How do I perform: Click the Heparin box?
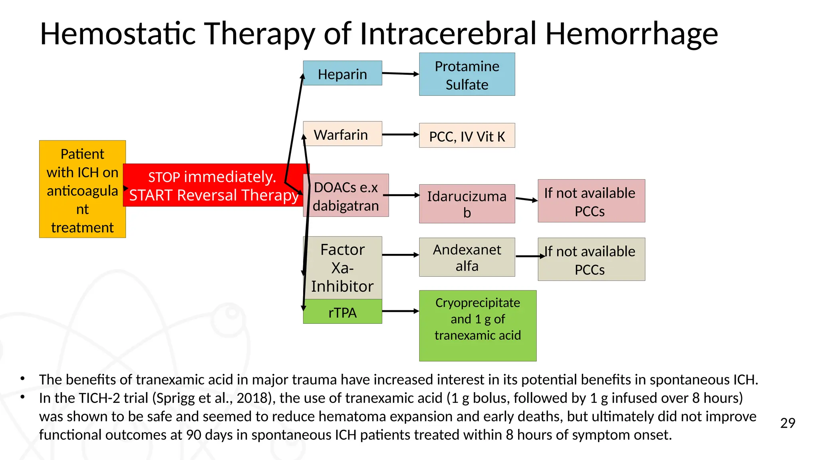(342, 73)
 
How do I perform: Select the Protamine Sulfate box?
(467, 75)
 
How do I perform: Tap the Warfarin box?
(342, 134)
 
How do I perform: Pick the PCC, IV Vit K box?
(467, 136)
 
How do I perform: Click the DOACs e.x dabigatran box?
(346, 196)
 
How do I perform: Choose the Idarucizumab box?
(467, 204)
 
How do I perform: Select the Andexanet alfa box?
(467, 258)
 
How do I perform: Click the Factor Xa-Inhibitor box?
(343, 268)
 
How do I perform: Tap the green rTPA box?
(343, 312)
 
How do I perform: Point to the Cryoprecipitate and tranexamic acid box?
(477, 325)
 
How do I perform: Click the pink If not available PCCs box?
(591, 201)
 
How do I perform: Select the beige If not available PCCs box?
(591, 260)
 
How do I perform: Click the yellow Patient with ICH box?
(82, 189)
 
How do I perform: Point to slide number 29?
(787, 423)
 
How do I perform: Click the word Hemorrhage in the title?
(631, 34)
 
